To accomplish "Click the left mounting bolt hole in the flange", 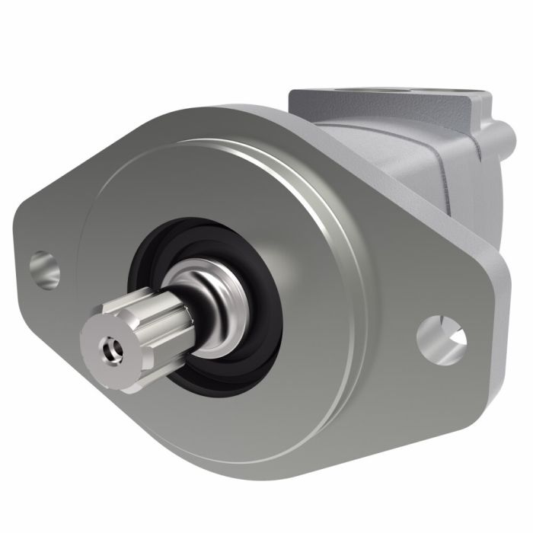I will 45,270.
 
